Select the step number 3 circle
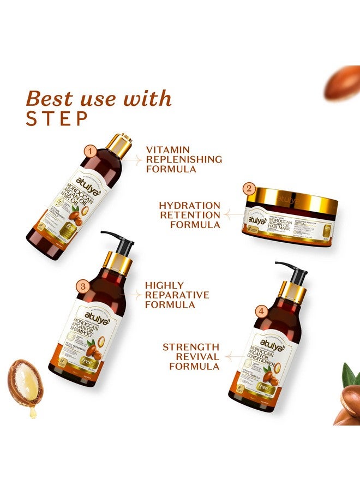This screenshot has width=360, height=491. point(82,286)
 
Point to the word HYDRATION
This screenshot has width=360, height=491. point(182,205)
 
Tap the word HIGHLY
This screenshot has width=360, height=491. point(165,285)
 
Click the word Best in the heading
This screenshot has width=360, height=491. point(51,99)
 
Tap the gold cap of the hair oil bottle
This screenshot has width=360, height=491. point(119,142)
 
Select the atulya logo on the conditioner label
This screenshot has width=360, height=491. point(269,340)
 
